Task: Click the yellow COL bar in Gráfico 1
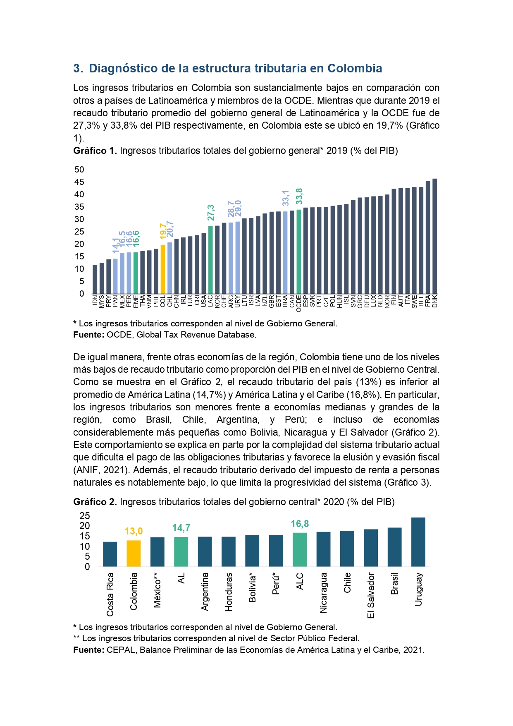[163, 269]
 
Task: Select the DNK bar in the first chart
[435, 236]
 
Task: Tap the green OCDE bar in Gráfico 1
[299, 252]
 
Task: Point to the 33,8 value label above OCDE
[299, 196]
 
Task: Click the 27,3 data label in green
[211, 213]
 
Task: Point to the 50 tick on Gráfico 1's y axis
[79, 170]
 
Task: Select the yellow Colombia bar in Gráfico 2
[134, 553]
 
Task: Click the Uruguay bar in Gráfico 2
[418, 542]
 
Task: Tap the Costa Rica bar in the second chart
[110, 554]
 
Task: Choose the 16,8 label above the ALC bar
[300, 524]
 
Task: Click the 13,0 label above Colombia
[134, 531]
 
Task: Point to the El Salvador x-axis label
[371, 596]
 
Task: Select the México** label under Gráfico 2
[157, 590]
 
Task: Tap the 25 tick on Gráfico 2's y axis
[85, 516]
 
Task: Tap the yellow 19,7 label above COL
[163, 231]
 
